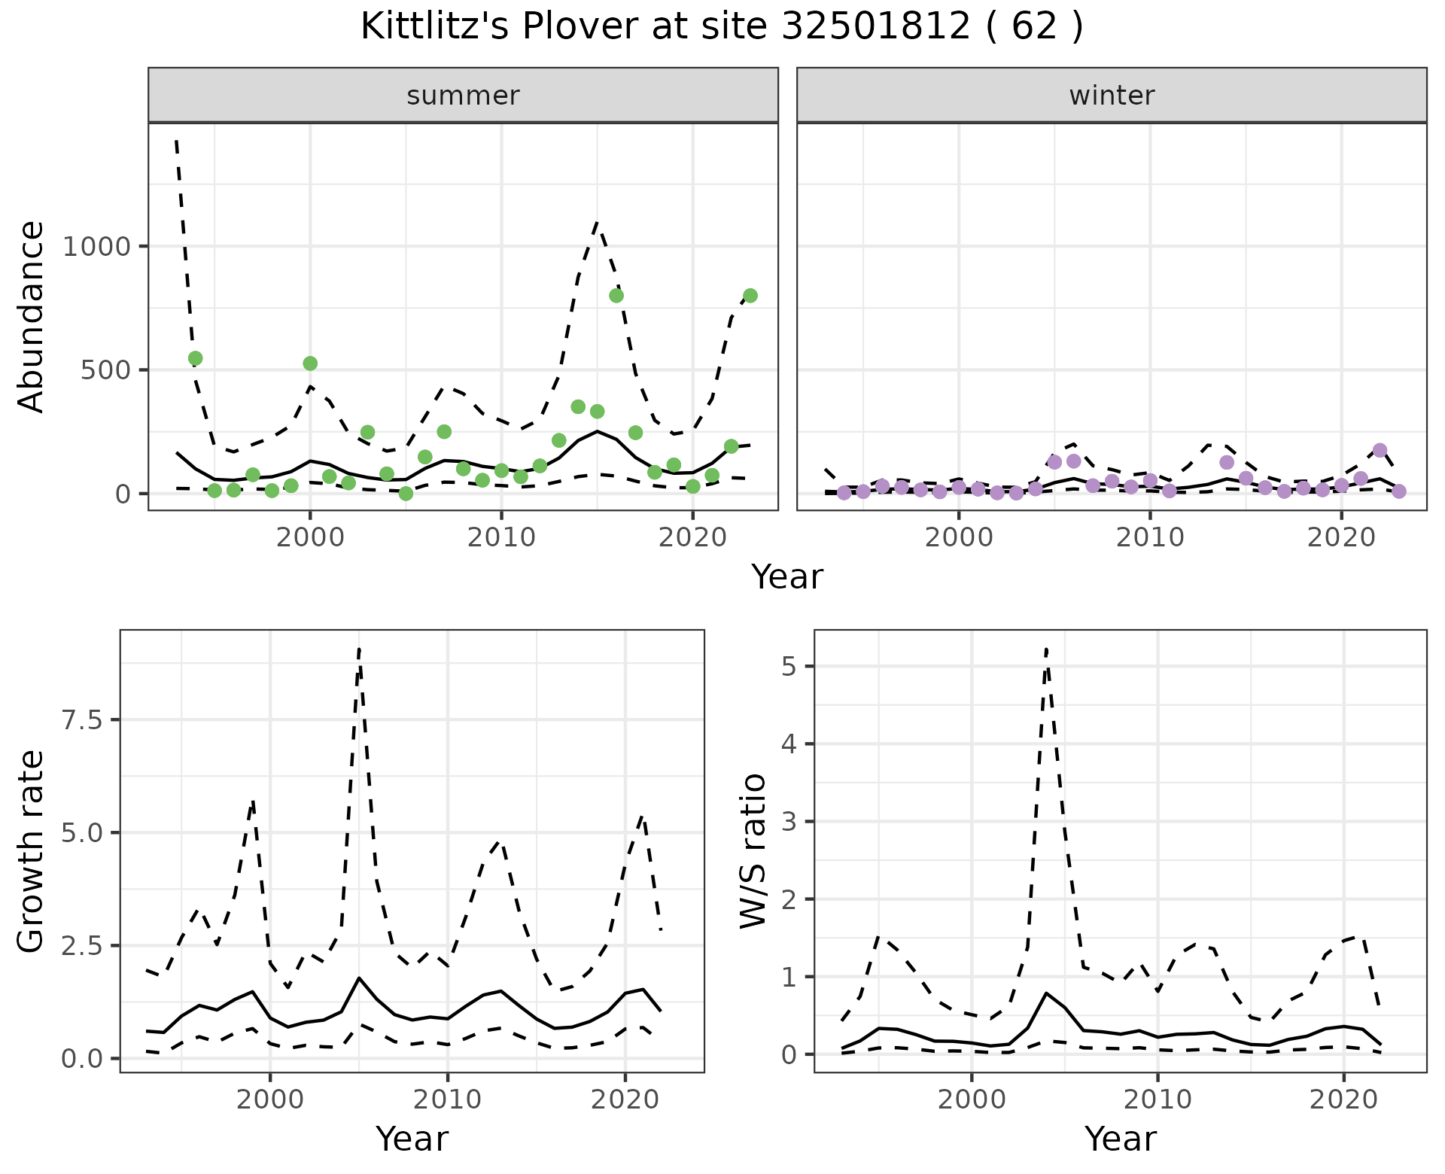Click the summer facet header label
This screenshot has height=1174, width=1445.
coord(463,96)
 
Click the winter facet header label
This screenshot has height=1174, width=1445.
coord(1112,96)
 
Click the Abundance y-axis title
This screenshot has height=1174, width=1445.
coord(31,317)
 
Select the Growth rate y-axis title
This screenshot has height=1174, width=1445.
coord(31,852)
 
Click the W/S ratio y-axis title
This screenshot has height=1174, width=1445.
coord(753,852)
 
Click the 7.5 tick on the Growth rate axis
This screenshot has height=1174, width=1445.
coord(84,720)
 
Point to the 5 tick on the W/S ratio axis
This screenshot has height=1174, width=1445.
coord(789,666)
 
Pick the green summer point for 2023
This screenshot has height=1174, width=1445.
coord(750,296)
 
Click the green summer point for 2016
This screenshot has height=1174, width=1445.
coord(616,296)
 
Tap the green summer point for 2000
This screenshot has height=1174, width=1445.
coord(310,363)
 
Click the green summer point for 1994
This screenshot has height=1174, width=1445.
coord(195,358)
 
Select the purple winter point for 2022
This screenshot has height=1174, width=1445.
coord(1380,451)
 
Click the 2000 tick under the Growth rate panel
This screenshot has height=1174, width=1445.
coord(270,1099)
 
